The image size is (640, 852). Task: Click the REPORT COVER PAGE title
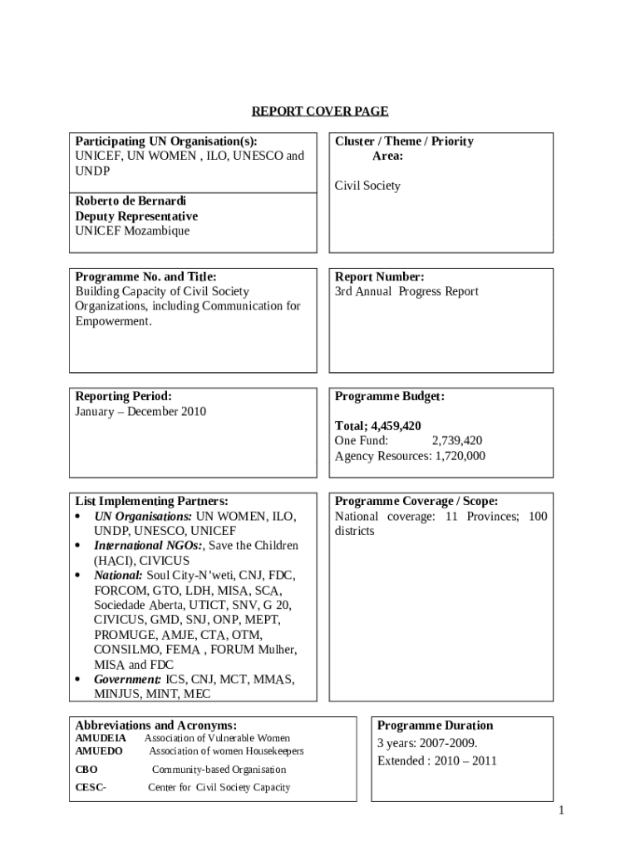pyautogui.click(x=320, y=111)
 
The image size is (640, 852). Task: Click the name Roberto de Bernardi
pyautogui.click(x=130, y=201)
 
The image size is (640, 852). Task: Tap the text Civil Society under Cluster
pyautogui.click(x=367, y=186)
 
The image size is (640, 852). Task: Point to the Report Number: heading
pyautogui.click(x=379, y=277)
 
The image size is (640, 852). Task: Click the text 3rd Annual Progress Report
pyautogui.click(x=406, y=292)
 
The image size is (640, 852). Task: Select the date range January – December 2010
pyautogui.click(x=140, y=412)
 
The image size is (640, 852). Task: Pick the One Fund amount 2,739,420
pyautogui.click(x=457, y=441)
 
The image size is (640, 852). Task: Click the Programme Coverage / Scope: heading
pyautogui.click(x=416, y=502)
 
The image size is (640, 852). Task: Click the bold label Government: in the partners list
pyautogui.click(x=127, y=680)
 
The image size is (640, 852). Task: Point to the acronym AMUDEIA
pyautogui.click(x=101, y=738)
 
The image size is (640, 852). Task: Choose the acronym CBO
pyautogui.click(x=86, y=770)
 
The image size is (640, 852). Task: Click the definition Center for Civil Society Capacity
pyautogui.click(x=219, y=787)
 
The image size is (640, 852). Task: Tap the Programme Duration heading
pyautogui.click(x=435, y=726)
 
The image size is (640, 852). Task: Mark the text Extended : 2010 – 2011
pyautogui.click(x=436, y=761)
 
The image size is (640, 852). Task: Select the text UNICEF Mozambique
pyautogui.click(x=132, y=231)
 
